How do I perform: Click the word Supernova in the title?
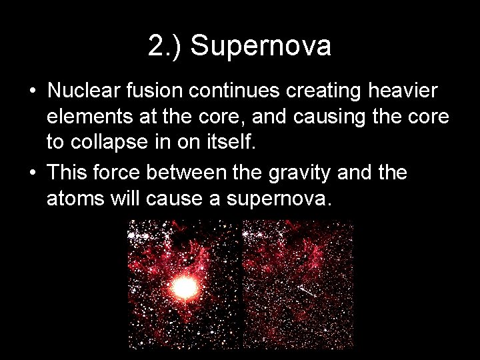(261, 47)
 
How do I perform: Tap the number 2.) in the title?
(167, 47)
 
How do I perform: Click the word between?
(195, 173)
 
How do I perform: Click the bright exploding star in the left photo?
(185, 287)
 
